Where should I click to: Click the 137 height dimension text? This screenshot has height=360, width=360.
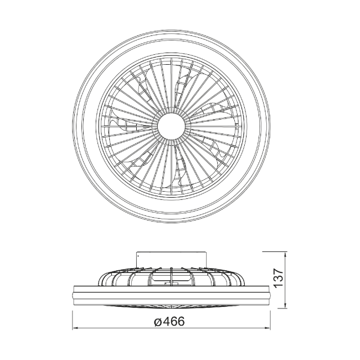279,278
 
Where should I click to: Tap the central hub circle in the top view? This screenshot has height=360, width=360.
171,126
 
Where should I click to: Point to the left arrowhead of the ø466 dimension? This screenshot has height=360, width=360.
75,328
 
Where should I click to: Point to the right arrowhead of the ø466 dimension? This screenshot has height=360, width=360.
268,328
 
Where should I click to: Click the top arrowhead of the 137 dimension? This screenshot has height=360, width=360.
285,255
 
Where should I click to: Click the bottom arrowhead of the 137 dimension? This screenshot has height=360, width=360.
285,306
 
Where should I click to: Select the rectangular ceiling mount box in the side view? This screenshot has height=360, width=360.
171,260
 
